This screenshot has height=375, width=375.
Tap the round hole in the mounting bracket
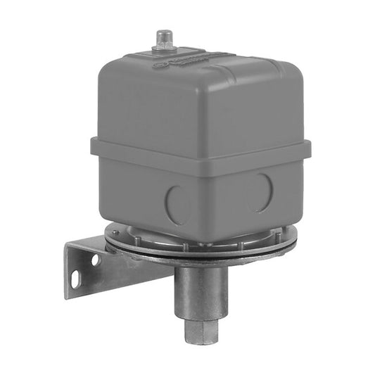pos(95,260)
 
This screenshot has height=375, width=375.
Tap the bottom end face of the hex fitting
pos(202,342)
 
